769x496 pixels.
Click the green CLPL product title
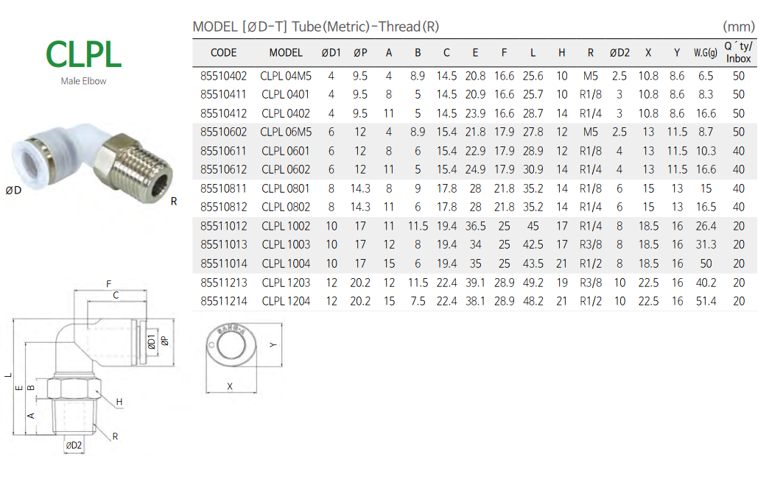(x=83, y=54)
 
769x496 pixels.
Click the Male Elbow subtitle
(x=83, y=82)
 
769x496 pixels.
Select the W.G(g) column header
(x=705, y=52)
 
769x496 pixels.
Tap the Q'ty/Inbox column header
(x=738, y=52)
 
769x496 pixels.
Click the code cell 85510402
(x=224, y=76)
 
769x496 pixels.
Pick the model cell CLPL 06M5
(x=286, y=132)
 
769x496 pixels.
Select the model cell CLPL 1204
(x=286, y=302)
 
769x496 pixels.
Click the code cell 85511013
(x=224, y=244)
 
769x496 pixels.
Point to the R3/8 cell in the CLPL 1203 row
(x=591, y=283)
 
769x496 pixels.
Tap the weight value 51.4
(x=706, y=302)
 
